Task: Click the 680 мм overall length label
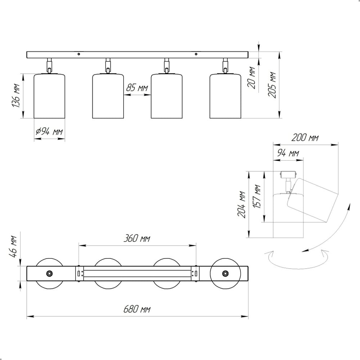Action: (x=137, y=309)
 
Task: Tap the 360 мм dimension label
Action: (x=137, y=238)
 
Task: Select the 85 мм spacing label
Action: (x=137, y=87)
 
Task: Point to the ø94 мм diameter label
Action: (x=49, y=131)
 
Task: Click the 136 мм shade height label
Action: (x=16, y=96)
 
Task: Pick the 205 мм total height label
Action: (x=272, y=85)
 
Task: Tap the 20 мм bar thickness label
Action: (x=252, y=78)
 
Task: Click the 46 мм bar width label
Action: (x=14, y=247)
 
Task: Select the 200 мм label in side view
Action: (x=305, y=138)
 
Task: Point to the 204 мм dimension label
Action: (x=242, y=204)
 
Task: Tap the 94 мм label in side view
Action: (x=288, y=153)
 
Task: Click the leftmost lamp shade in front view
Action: (x=49, y=96)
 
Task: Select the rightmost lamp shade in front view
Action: (x=225, y=96)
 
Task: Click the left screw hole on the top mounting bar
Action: (x=79, y=54)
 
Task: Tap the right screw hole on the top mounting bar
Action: (x=196, y=54)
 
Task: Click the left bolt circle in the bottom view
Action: (x=49, y=274)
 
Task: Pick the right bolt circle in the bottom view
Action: (x=225, y=274)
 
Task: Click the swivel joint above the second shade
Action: (x=108, y=66)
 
